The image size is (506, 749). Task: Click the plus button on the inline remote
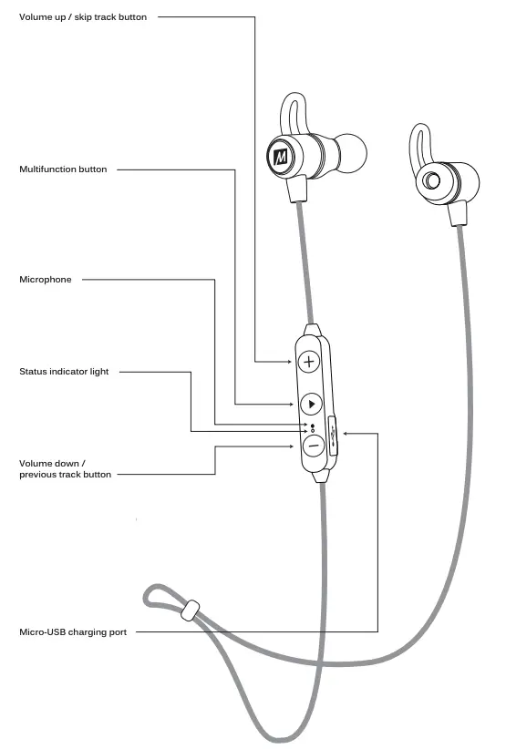coord(309,362)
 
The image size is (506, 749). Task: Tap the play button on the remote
coord(310,404)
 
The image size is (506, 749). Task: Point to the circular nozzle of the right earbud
coord(429,180)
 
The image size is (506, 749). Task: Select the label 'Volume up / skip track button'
coord(83,17)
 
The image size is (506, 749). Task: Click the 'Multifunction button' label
coord(63,169)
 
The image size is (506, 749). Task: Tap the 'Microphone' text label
coord(46,280)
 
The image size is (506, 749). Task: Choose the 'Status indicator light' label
coord(64,372)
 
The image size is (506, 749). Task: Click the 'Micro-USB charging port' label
coord(73,631)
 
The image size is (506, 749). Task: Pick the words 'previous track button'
coord(66,475)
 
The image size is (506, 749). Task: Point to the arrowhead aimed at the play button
coord(290,404)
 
